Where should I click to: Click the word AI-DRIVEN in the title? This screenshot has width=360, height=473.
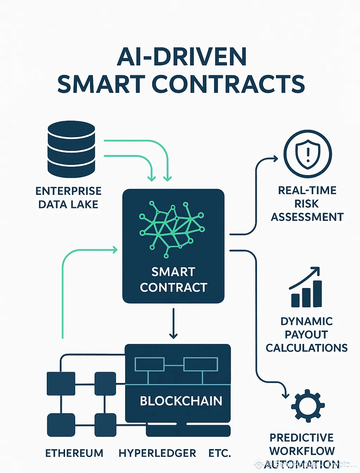181,57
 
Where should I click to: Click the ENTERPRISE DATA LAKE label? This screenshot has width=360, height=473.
69,198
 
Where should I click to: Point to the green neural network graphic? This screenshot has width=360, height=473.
172,225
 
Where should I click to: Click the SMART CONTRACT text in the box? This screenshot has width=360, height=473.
173,280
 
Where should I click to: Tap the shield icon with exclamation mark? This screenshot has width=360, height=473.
308,154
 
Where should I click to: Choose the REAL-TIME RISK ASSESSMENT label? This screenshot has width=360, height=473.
307,204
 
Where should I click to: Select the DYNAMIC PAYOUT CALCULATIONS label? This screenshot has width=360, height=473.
307,334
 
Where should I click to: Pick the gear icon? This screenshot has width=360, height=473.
308,405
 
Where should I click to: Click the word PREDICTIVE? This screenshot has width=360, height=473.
302,437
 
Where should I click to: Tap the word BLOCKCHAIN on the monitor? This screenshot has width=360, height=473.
181,401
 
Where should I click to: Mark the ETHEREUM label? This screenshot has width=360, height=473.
74,453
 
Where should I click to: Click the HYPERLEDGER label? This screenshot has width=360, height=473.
157,453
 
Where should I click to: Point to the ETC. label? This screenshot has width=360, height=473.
220,453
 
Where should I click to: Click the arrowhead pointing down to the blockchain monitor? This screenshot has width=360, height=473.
173,335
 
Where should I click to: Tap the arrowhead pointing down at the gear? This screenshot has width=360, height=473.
285,395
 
